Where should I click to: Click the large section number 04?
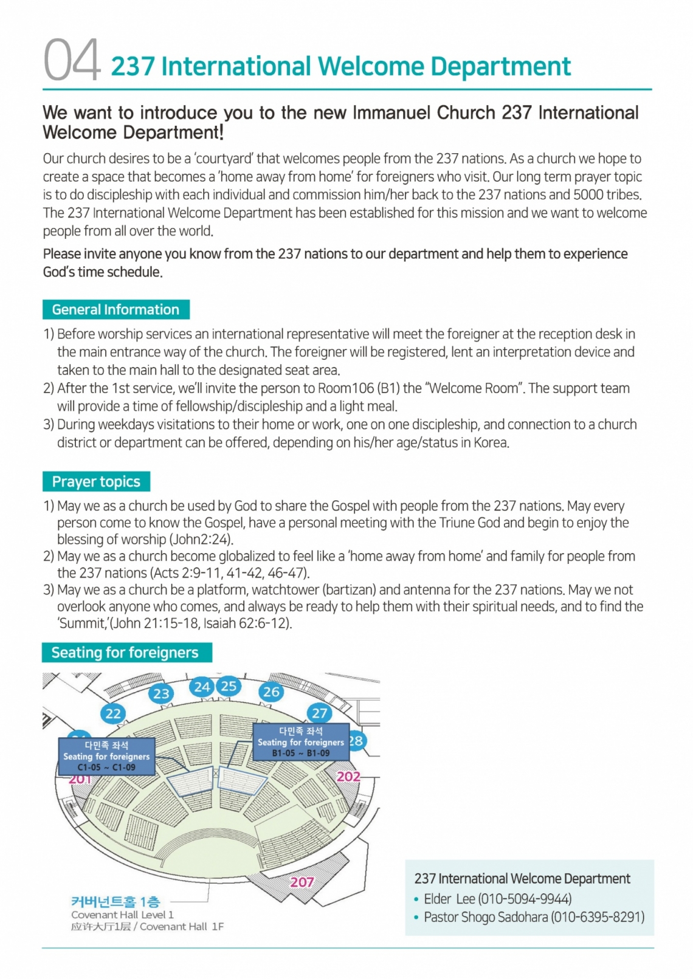point(72,60)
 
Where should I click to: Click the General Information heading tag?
point(115,309)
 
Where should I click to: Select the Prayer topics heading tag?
point(96,481)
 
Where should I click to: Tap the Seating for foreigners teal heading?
point(125,652)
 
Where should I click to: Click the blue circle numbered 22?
point(114,713)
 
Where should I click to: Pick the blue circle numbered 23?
point(161,694)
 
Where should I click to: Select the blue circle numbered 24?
point(202,687)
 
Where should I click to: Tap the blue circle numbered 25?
point(229,687)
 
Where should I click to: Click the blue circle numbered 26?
point(271,692)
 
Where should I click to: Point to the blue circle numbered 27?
point(319,713)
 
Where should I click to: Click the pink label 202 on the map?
point(348,777)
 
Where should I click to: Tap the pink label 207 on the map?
point(302,882)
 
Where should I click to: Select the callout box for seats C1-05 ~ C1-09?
point(106,757)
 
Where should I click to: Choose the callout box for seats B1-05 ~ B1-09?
point(301,742)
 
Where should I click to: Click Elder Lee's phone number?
point(525,899)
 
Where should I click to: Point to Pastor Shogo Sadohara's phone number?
point(598,917)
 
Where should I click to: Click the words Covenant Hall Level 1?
point(122,915)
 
